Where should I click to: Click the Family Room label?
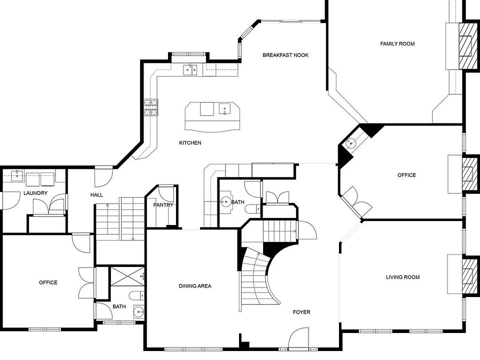coord(397,44)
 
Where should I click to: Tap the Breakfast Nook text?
coord(285,55)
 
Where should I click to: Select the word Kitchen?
coord(190,143)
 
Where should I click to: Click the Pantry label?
coord(163,205)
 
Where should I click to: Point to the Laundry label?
coord(35,193)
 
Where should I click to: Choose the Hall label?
coord(96,195)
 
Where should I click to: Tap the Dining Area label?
coord(195,286)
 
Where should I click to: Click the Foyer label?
coord(301,312)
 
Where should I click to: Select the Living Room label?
coord(402,277)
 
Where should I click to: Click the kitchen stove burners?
coord(150,107)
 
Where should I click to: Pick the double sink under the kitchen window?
coord(189,69)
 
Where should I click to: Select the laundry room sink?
coord(17,175)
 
